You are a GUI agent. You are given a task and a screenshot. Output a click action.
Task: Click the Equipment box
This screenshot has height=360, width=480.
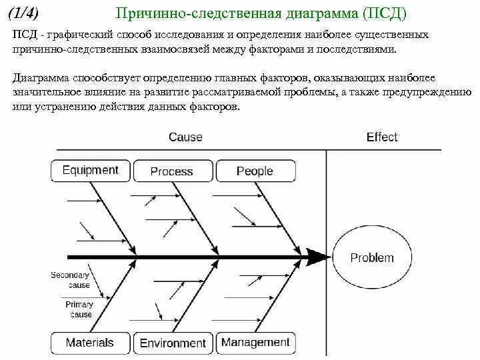click(x=90, y=171)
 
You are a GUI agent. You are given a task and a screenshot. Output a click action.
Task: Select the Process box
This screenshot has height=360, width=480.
click(x=172, y=171)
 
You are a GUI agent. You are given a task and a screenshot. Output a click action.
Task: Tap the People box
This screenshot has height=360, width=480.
click(x=255, y=171)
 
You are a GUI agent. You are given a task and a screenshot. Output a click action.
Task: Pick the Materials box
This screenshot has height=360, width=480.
click(x=90, y=343)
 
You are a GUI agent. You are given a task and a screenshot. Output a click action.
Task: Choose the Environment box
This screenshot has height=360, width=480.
click(x=173, y=343)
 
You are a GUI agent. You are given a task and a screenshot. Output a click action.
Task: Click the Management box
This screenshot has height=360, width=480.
click(x=255, y=343)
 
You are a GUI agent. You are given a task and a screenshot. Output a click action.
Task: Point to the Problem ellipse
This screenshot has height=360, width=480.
click(x=372, y=258)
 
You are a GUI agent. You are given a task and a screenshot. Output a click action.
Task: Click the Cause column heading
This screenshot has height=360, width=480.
click(x=185, y=137)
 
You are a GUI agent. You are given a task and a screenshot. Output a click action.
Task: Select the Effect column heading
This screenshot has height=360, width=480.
click(x=382, y=137)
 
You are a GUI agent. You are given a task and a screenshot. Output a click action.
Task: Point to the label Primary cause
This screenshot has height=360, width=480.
click(x=79, y=309)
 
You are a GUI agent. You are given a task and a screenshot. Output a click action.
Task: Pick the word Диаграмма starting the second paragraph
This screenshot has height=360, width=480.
click(x=40, y=79)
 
